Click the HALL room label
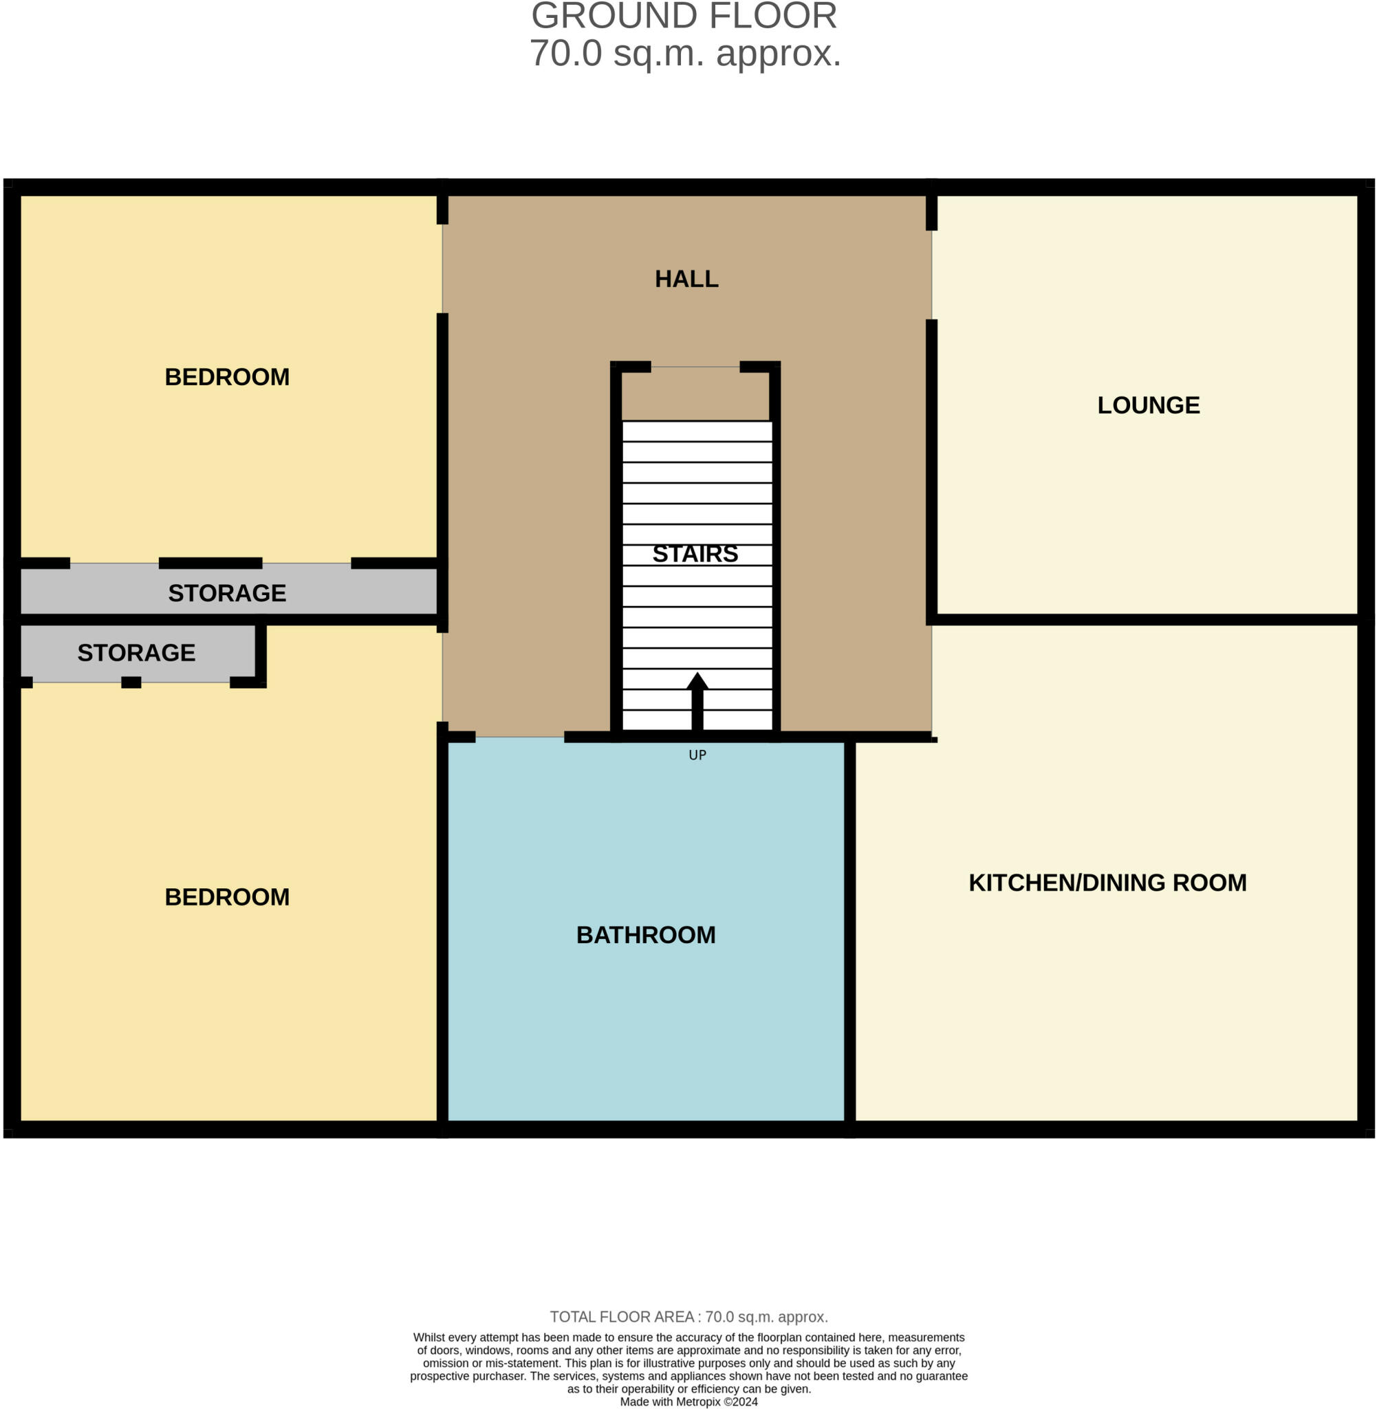tap(686, 279)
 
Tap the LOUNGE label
tap(1149, 405)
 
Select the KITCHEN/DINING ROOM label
tap(1107, 883)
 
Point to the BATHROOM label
tap(646, 934)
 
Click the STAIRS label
tap(695, 553)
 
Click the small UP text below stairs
tap(697, 755)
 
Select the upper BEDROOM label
tap(227, 377)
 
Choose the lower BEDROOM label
tap(227, 897)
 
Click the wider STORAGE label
tap(227, 593)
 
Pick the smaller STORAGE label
tap(137, 652)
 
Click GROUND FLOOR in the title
tap(684, 16)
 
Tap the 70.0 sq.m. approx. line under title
tap(686, 54)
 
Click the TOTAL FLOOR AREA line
tap(688, 1316)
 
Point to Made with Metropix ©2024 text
tap(688, 1401)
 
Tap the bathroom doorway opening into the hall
tap(519, 737)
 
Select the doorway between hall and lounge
tap(931, 275)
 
